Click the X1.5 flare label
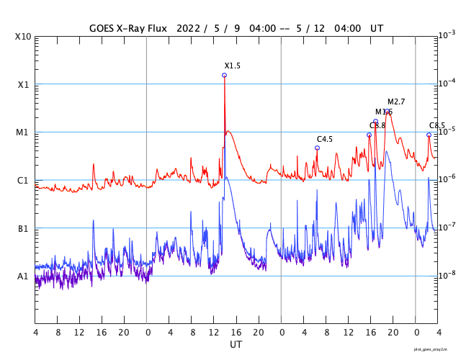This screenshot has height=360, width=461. point(232,66)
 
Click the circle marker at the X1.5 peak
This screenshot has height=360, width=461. point(224,75)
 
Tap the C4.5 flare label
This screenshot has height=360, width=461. point(325,139)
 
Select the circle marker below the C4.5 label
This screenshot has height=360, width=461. point(317,148)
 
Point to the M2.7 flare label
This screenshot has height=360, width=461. point(396,102)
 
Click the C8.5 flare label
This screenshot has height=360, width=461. point(437,125)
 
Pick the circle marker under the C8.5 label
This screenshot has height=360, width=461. point(429,135)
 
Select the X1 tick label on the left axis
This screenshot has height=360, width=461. point(23,84)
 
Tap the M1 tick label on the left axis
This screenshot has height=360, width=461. point(23,132)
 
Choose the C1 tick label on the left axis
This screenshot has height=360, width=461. point(23,180)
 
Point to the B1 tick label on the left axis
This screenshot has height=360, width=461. point(23,228)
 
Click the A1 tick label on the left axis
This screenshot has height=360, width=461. point(23,276)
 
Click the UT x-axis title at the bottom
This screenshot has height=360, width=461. point(236,345)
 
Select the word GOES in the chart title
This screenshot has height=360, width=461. point(102,28)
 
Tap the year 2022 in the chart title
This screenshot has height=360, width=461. point(187,28)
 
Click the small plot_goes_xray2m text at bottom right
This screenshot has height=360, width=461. point(436,348)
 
